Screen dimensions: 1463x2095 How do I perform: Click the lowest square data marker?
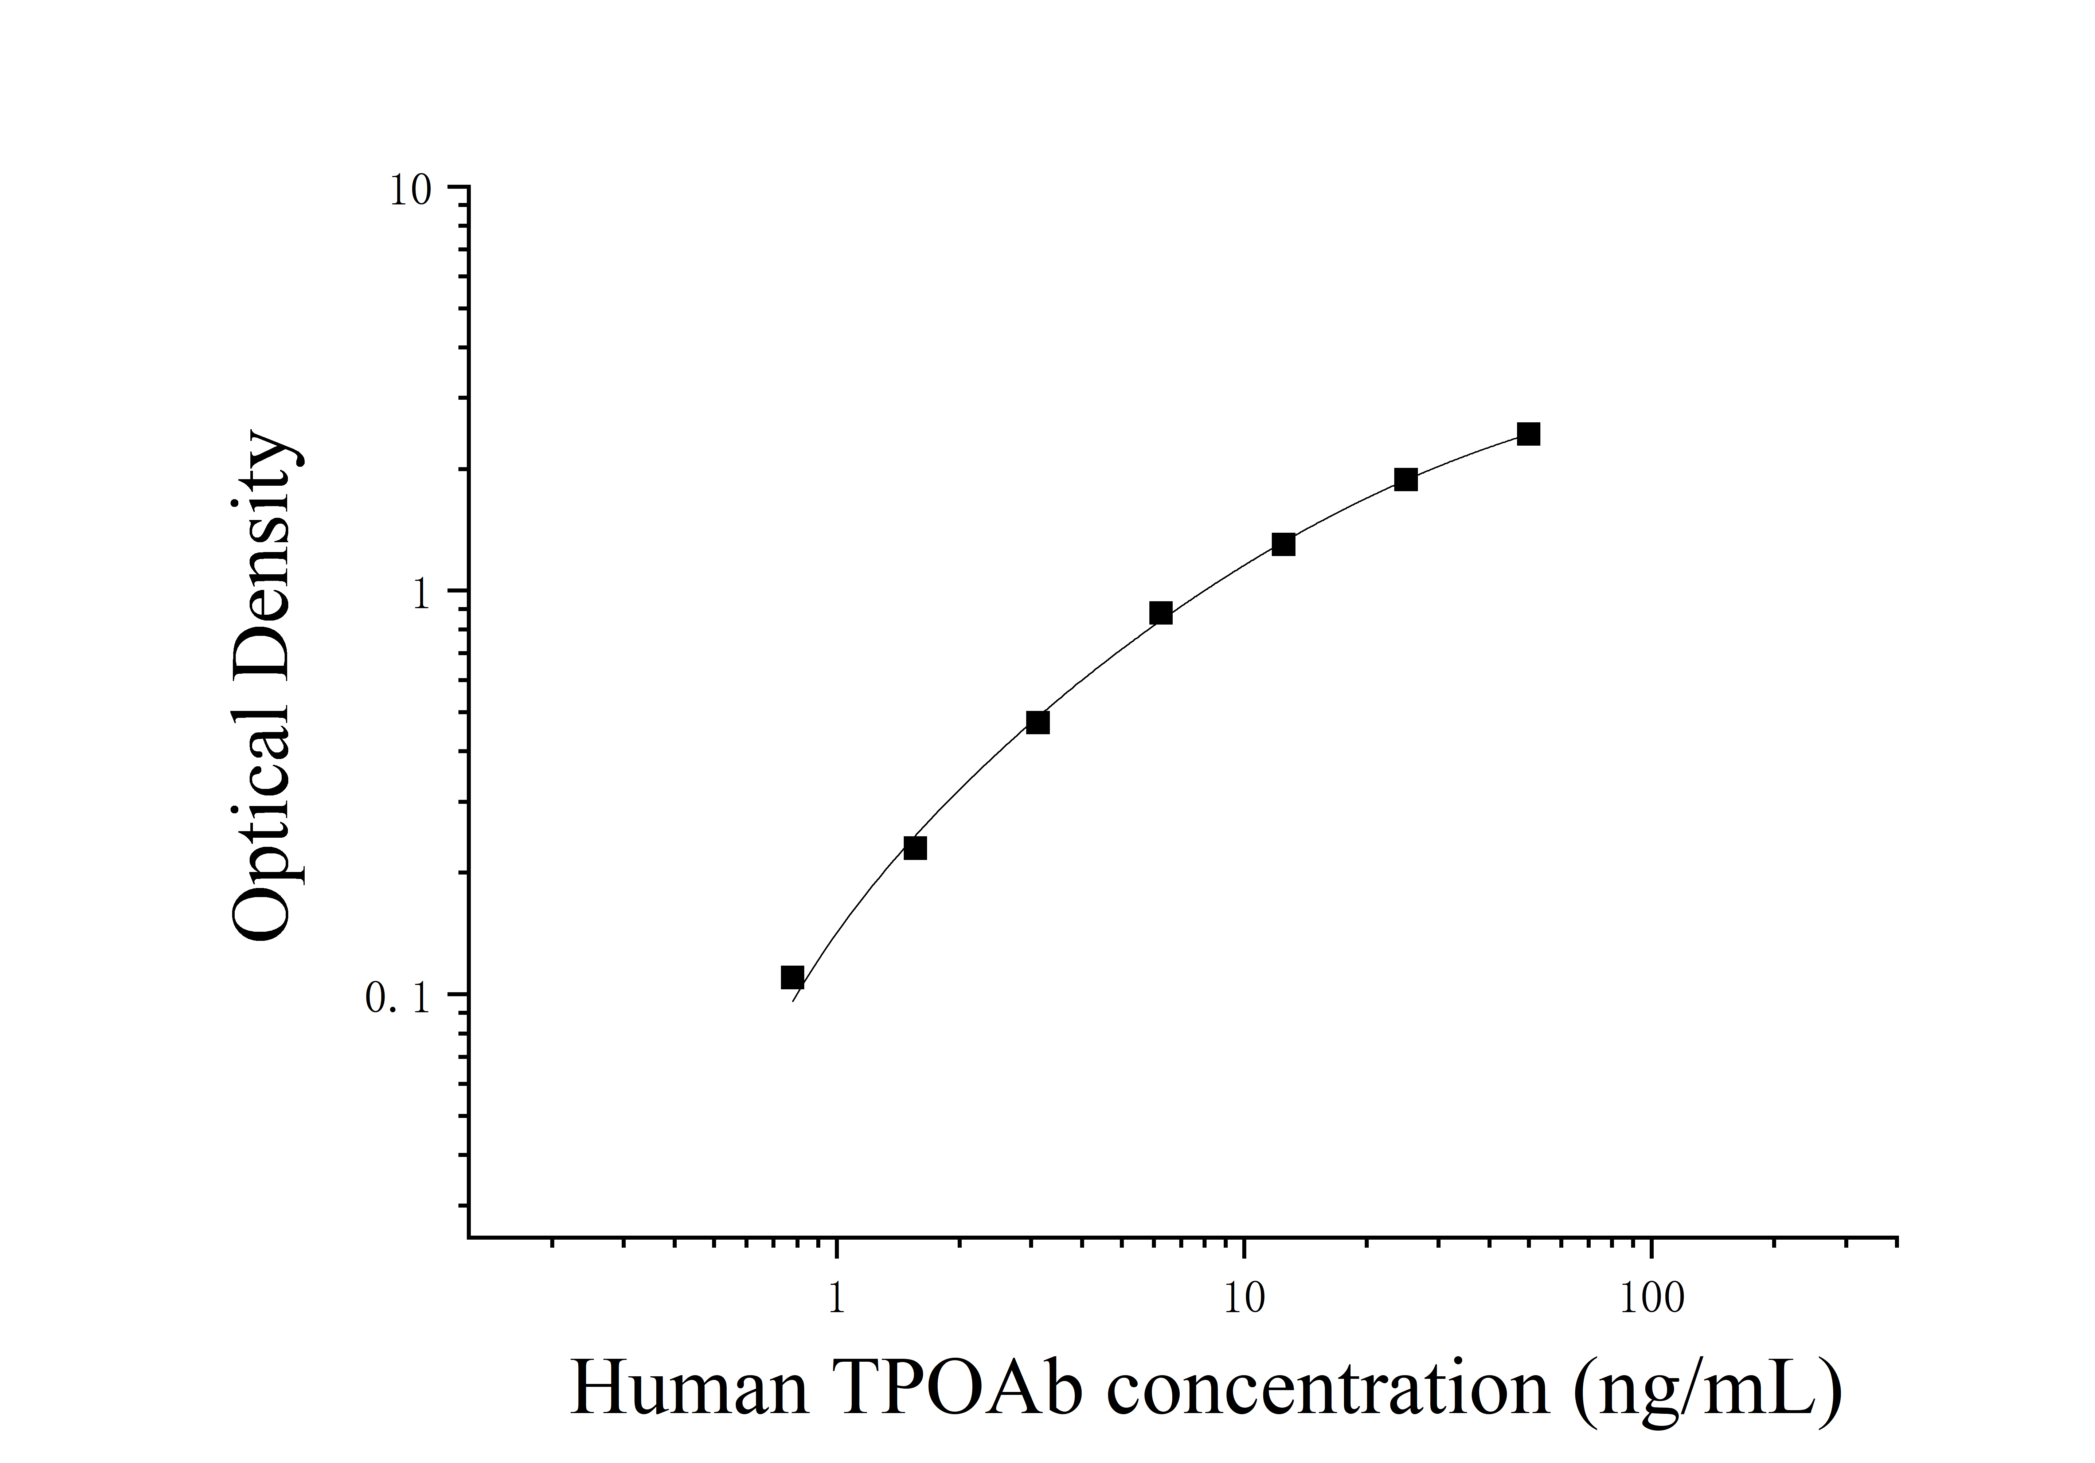792,978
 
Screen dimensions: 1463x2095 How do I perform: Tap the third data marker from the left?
1037,722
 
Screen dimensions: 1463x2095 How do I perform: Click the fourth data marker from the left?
1161,613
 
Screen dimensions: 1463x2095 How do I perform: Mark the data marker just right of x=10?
1283,544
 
